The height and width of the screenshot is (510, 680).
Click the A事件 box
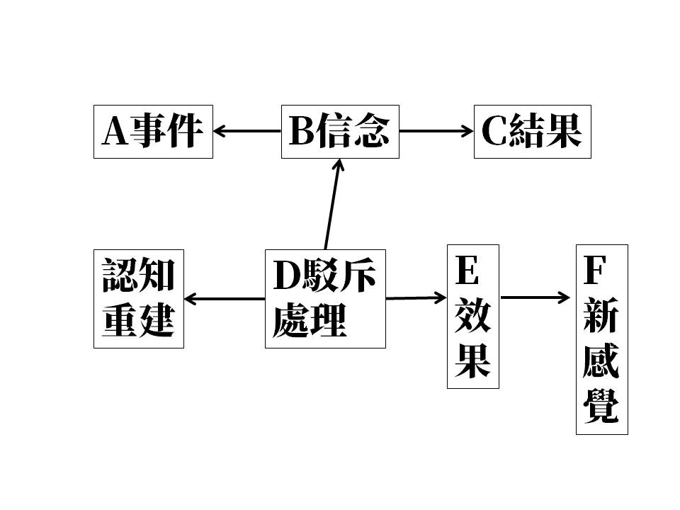point(153,132)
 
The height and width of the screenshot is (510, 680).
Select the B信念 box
point(340,132)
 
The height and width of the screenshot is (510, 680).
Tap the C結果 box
point(532,132)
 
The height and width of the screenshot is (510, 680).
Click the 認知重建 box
point(139,298)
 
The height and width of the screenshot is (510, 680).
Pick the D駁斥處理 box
point(325,298)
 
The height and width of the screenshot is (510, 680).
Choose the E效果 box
point(472,317)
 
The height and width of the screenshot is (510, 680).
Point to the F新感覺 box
point(601,339)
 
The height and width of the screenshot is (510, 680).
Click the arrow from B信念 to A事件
point(247,130)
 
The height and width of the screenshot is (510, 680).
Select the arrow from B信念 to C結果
point(436,130)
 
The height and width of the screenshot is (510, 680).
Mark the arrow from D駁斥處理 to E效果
point(416,298)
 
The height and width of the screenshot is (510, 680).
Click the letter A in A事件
point(115,132)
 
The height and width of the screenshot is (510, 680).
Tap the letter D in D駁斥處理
point(288,276)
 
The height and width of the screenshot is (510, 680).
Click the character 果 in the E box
point(472,361)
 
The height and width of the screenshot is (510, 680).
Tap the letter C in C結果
point(492,132)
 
